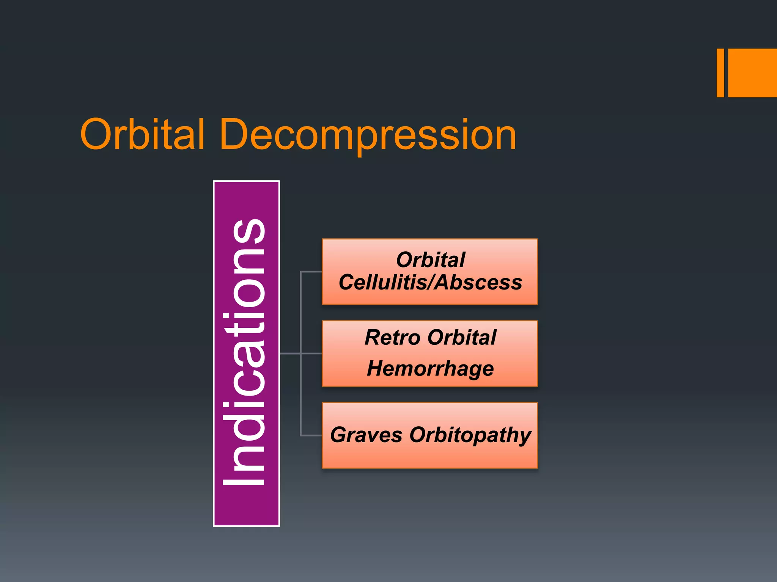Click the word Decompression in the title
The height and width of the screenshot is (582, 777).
click(x=367, y=135)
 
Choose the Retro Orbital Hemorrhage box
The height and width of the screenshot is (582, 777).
click(x=429, y=353)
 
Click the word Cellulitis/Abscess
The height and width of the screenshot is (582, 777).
click(x=430, y=283)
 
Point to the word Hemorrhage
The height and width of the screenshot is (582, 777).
click(x=430, y=368)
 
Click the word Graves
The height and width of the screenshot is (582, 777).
click(x=366, y=435)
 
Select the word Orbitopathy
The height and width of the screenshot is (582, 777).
click(x=470, y=435)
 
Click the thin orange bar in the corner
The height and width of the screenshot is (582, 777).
click(x=720, y=73)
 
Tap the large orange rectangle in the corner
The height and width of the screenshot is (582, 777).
click(x=752, y=73)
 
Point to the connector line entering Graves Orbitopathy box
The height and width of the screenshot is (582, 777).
click(x=311, y=435)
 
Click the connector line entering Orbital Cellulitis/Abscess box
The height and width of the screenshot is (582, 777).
click(x=311, y=272)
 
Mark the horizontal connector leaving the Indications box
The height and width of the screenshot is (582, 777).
click(x=290, y=354)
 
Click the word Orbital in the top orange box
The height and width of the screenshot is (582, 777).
click(x=430, y=260)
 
